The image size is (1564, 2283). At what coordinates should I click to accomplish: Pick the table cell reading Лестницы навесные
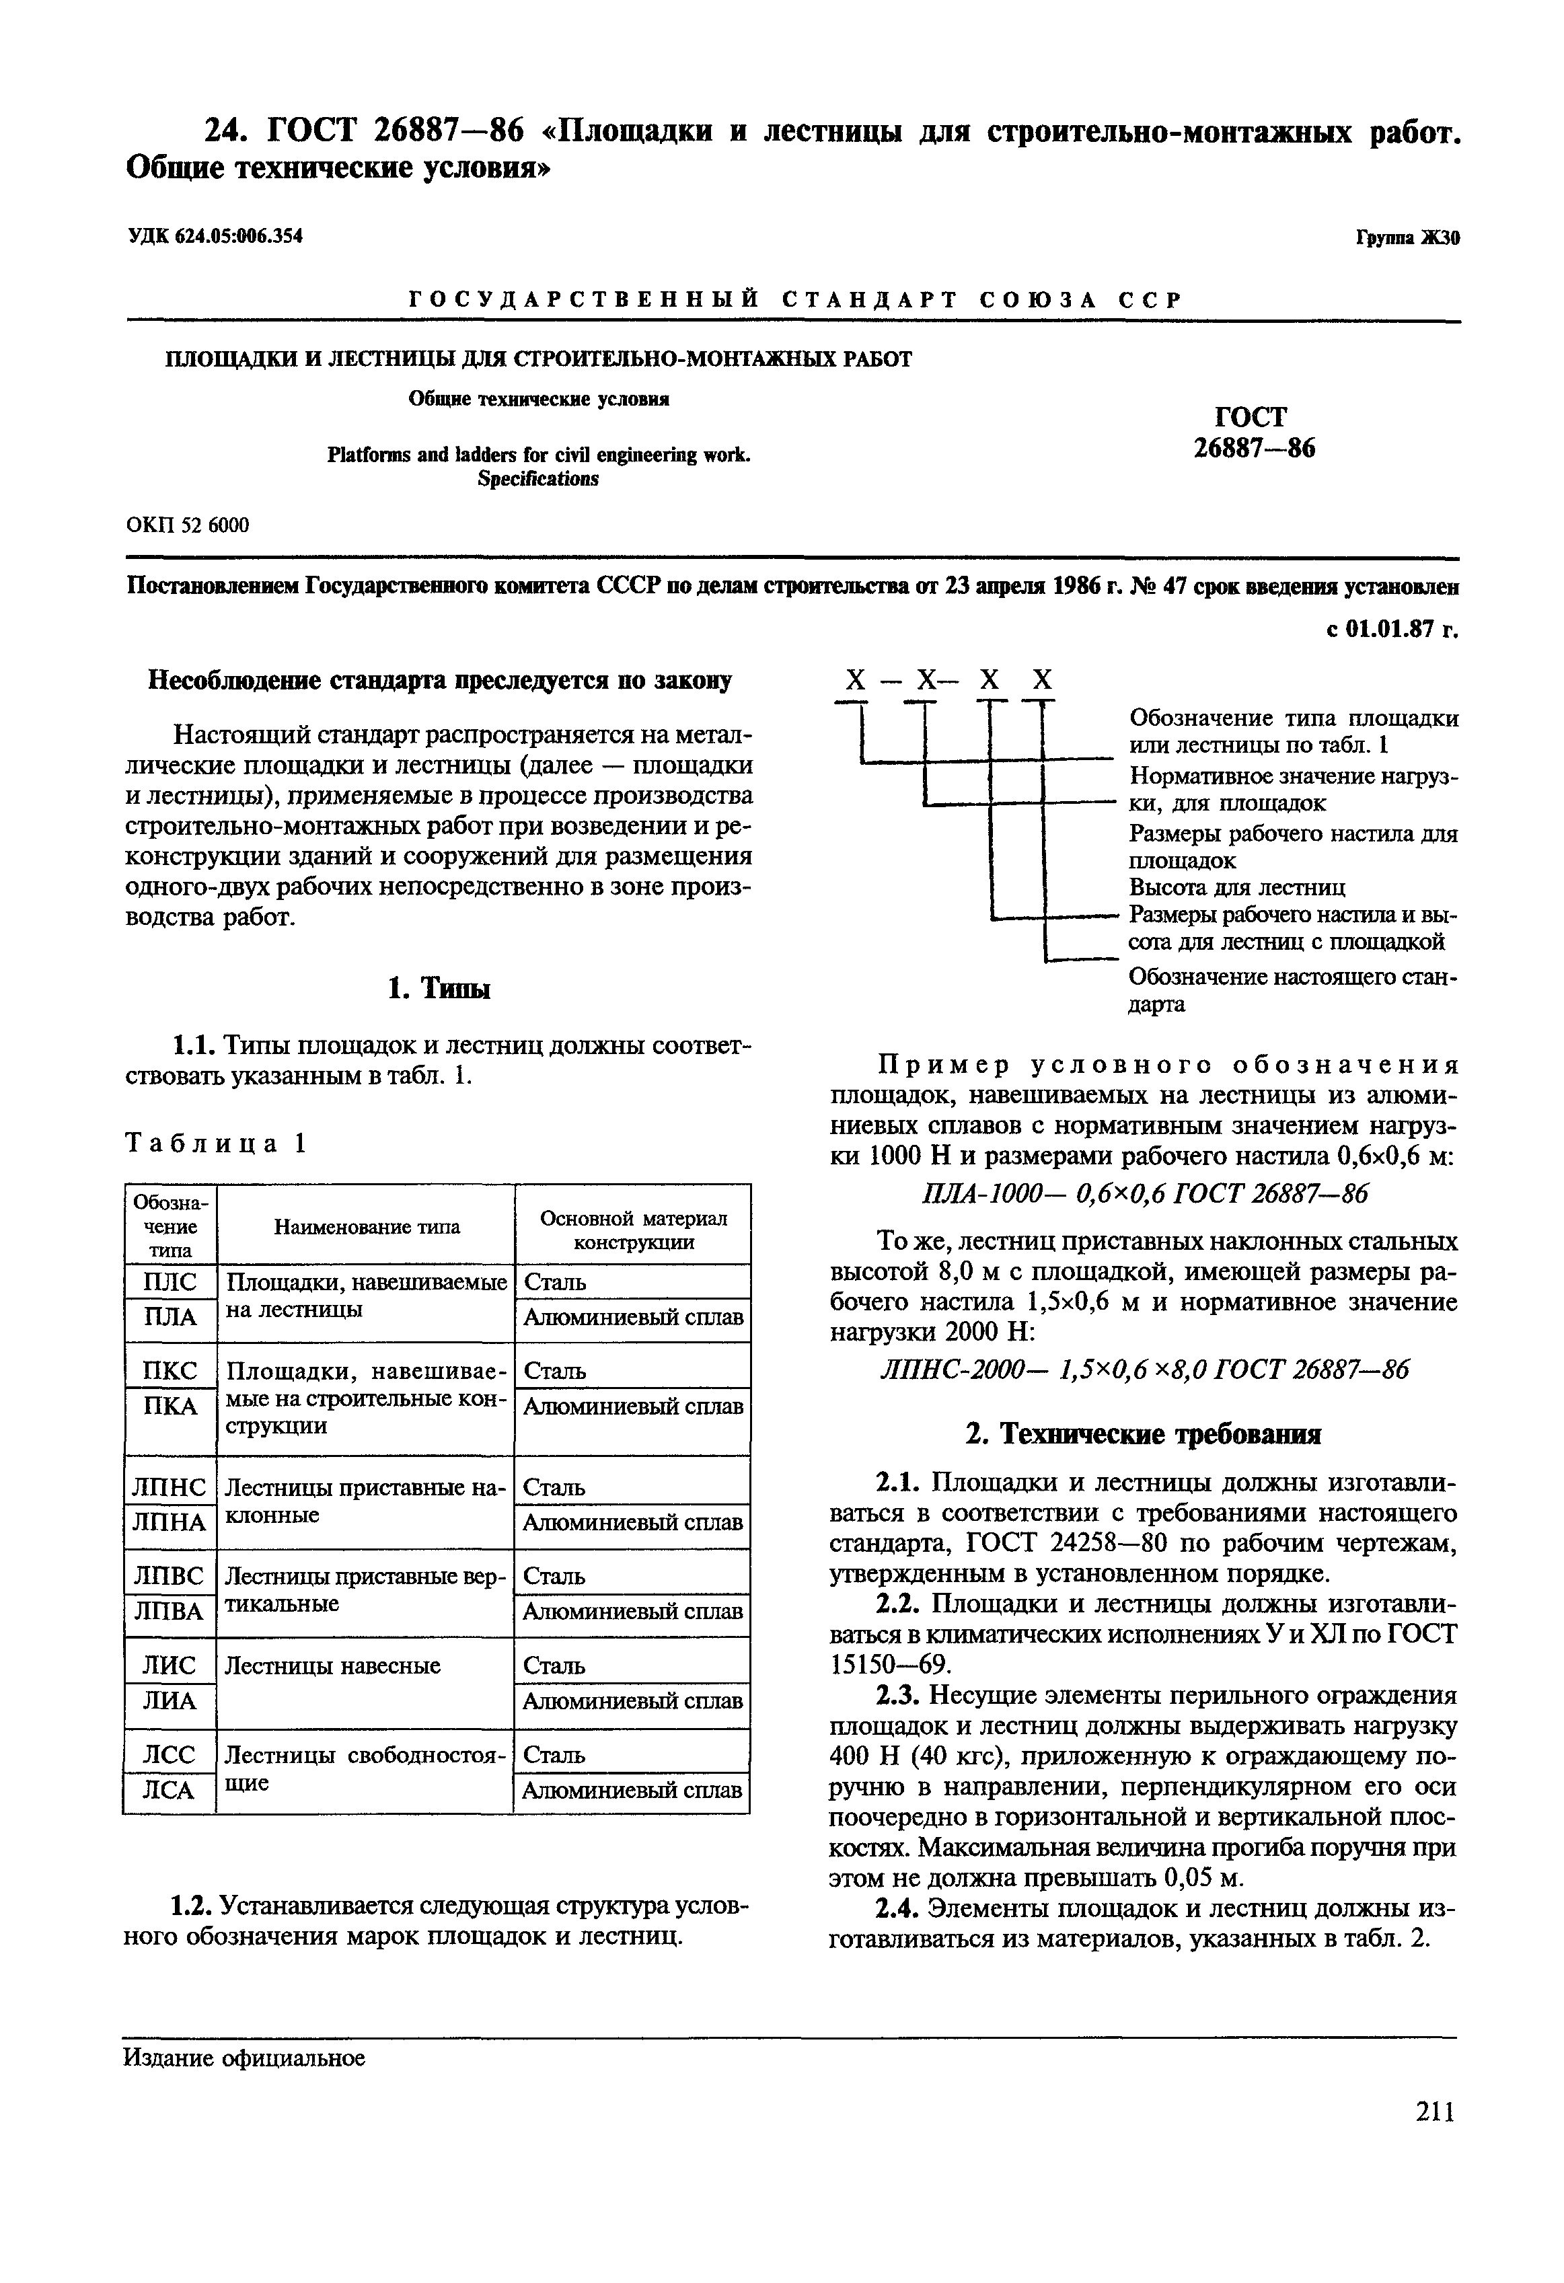coord(333,1665)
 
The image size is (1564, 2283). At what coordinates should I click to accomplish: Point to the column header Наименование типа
coord(365,1226)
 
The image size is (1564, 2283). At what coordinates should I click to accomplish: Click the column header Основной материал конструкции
coord(634,1229)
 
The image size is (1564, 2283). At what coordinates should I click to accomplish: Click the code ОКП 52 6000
coord(188,525)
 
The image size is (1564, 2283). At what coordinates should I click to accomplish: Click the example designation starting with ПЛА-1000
coord(1144,1193)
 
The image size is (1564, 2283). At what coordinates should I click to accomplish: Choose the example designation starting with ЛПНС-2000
coord(1144,1370)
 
